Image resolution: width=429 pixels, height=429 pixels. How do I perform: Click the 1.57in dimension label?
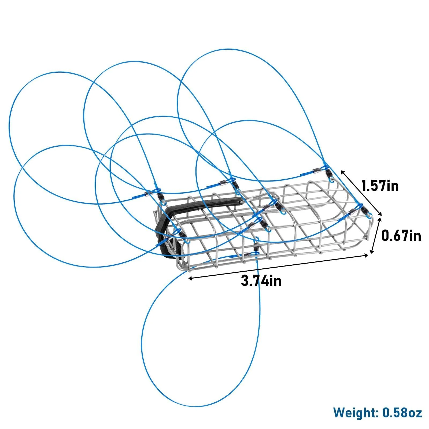(x=380, y=186)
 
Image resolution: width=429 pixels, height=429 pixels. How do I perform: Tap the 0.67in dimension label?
(x=401, y=236)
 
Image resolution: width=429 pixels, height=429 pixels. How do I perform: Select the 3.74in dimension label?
(x=261, y=281)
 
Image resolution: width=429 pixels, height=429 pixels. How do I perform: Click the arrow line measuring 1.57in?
(x=361, y=193)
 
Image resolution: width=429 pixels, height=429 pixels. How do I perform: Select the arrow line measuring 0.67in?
(x=375, y=235)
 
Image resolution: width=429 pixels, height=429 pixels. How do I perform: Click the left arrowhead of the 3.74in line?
(x=190, y=278)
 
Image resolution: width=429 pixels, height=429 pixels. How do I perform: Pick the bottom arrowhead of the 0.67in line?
(x=371, y=252)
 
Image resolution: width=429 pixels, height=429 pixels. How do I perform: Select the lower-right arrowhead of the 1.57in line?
(x=380, y=214)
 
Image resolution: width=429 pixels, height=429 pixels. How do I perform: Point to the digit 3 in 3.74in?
(x=245, y=281)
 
